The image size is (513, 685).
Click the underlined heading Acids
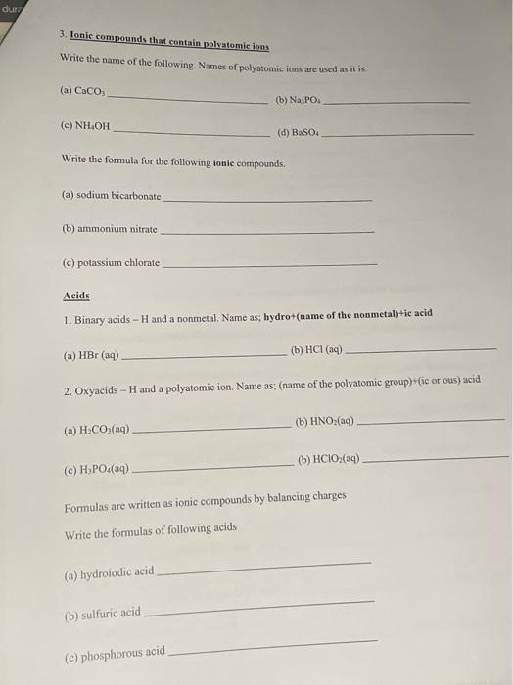coord(76,296)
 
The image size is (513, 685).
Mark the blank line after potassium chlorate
coord(269,264)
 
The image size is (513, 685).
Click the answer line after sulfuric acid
coord(258,607)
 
